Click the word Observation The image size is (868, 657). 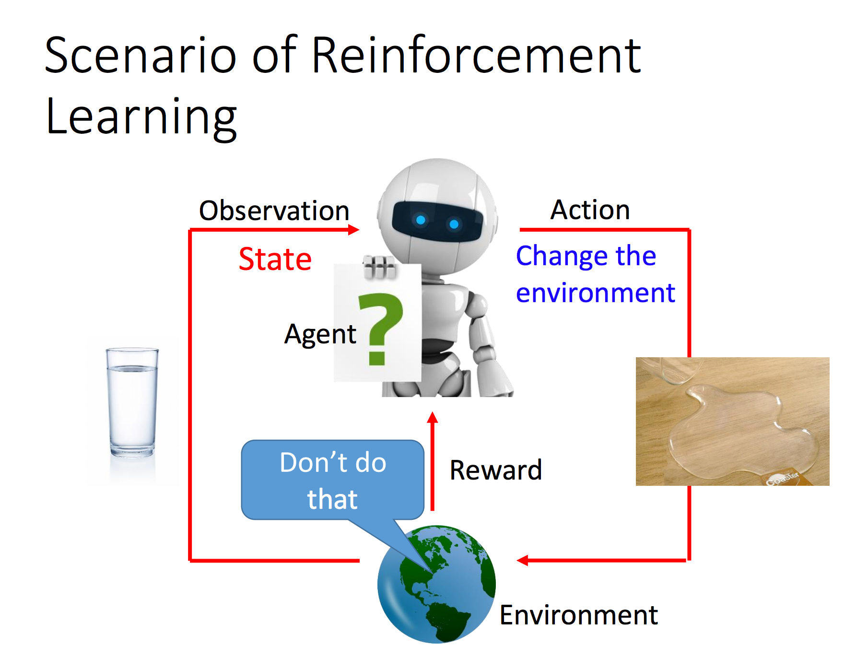274,211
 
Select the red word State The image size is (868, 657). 275,259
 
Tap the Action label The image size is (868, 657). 590,210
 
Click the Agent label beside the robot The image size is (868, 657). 320,334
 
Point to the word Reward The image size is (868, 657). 496,470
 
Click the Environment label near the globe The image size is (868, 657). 578,615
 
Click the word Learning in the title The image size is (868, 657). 141,118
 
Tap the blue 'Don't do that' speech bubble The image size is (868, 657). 333,480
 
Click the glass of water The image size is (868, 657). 132,402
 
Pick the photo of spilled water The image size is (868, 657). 732,422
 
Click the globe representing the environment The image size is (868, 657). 436,584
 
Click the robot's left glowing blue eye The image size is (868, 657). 421,220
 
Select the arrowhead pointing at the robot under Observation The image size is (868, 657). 353,230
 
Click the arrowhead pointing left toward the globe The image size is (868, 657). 523,560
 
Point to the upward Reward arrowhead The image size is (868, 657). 433,417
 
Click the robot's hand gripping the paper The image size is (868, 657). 379,267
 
